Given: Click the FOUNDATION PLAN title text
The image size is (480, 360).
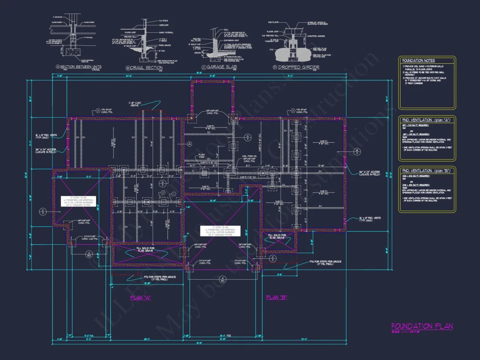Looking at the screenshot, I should point(422,326).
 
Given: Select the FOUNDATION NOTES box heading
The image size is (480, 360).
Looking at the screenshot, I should point(418,61).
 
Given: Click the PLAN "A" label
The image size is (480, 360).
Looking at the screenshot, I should point(141,298).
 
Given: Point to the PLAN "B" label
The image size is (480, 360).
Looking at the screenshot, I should point(276,297).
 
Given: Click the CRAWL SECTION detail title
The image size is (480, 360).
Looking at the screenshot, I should point(144,68).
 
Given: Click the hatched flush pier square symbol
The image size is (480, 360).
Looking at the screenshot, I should point(204,173).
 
